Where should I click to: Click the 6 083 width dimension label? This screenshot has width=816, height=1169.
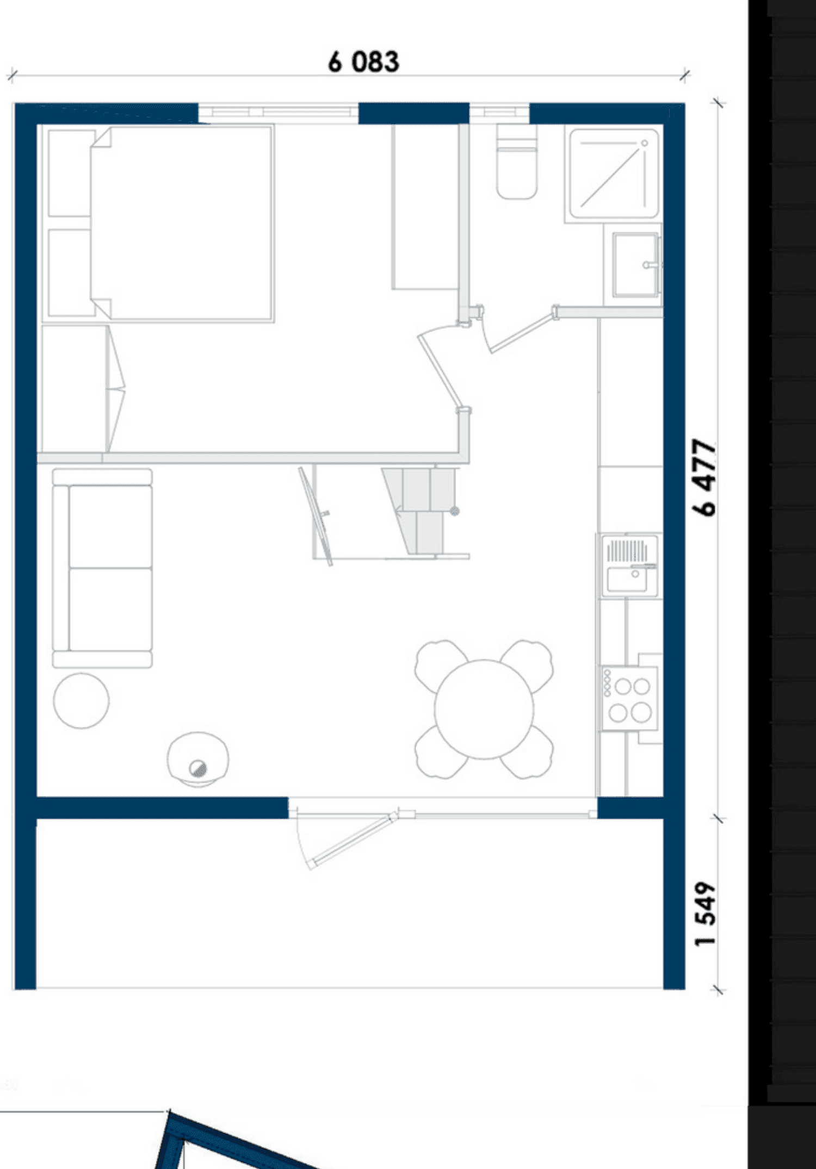tap(363, 61)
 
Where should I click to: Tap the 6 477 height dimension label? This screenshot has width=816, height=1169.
tap(705, 477)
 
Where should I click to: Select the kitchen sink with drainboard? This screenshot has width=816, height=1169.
tap(629, 565)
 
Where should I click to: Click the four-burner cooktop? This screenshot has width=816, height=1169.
tap(629, 698)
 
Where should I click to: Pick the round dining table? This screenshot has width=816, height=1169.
tap(484, 709)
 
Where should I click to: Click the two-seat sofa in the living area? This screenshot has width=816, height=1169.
tap(102, 568)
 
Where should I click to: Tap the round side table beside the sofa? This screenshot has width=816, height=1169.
tap(81, 701)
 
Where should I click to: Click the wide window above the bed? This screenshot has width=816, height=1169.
tap(278, 113)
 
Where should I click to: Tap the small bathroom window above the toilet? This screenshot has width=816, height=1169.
tap(499, 113)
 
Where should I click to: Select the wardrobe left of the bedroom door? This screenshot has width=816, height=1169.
tap(425, 207)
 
